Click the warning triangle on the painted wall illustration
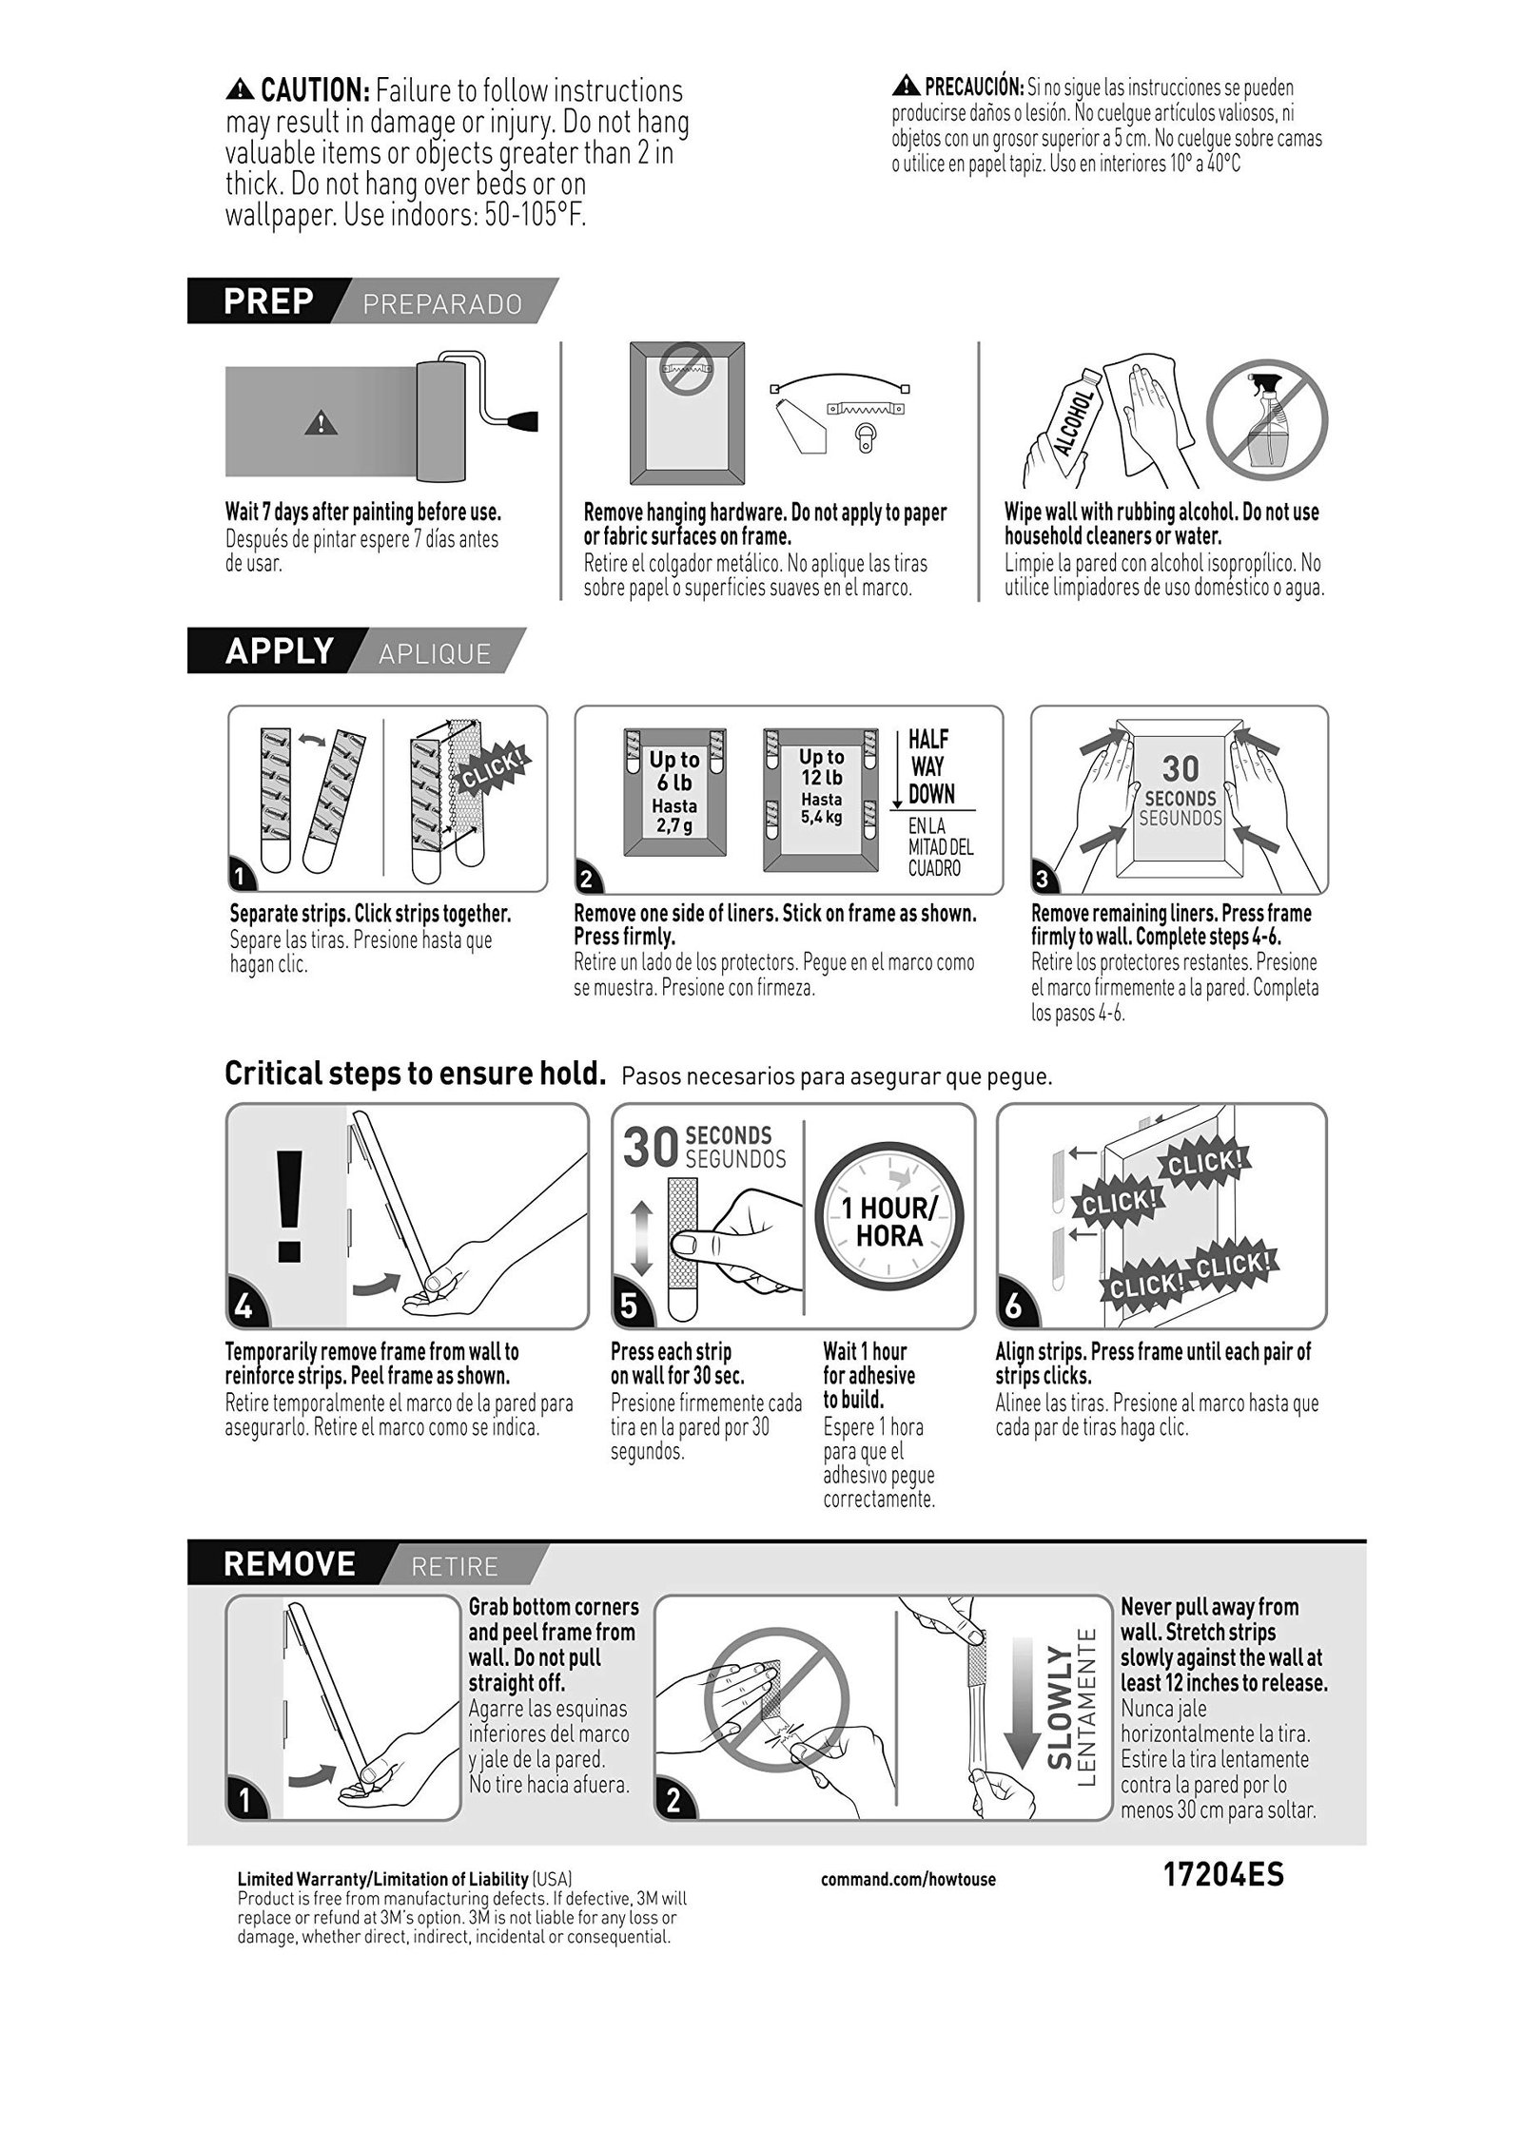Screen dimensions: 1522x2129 pyautogui.click(x=322, y=422)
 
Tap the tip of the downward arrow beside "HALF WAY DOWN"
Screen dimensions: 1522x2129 pyautogui.click(x=897, y=808)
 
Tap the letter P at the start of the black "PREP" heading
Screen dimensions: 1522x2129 pyautogui.click(x=234, y=301)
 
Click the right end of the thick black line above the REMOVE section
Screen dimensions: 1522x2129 pyautogui.click(x=1366, y=1539)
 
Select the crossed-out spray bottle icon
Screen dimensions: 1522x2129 pyautogui.click(x=1267, y=417)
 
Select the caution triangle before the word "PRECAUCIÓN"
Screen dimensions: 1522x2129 pyautogui.click(x=906, y=88)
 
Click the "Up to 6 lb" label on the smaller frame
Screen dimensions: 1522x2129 pyautogui.click(x=674, y=771)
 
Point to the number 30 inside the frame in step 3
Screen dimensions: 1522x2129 pyautogui.click(x=1181, y=767)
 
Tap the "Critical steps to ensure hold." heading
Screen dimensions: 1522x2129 pyautogui.click(x=416, y=1074)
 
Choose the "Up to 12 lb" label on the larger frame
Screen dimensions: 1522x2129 pyautogui.click(x=822, y=768)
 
